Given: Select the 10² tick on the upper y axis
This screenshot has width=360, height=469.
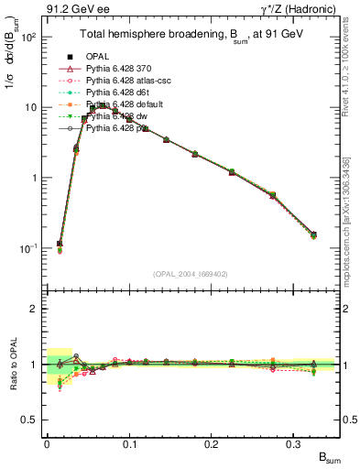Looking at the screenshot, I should tap(29, 38).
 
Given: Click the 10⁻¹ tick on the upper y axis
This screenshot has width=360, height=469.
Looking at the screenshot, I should tap(29, 248).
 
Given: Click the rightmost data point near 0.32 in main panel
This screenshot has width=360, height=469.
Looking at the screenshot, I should tap(313, 235).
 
